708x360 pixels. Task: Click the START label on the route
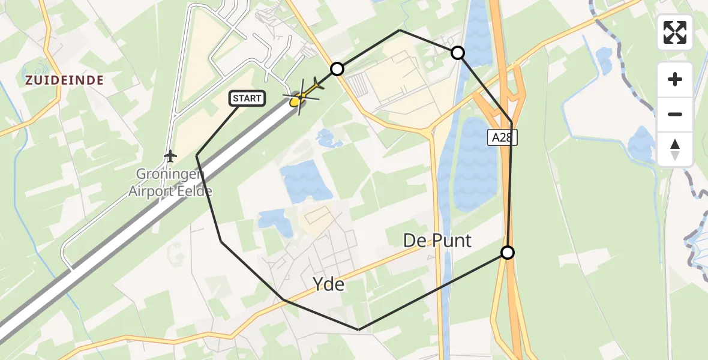[x=247, y=98]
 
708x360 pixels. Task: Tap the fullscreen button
[x=675, y=32]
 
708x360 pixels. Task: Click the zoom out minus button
[x=675, y=114]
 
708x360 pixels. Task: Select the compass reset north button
[x=675, y=149]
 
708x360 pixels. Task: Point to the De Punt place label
[x=437, y=241]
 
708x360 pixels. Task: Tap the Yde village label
[x=329, y=284]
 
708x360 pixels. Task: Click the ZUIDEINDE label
[x=64, y=80]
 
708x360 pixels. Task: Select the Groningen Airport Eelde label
[x=170, y=183]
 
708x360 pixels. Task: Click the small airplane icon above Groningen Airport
[x=171, y=157]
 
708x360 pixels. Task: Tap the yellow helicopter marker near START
[x=295, y=103]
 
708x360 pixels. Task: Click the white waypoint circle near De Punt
[x=508, y=253]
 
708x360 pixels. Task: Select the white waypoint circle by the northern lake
[x=458, y=53]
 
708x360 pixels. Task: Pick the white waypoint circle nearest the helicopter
[x=337, y=69]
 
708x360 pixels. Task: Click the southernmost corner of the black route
[x=359, y=329]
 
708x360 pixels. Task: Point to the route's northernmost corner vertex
[x=400, y=30]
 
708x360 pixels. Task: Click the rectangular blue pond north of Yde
[x=306, y=180]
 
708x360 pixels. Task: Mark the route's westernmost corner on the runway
[x=197, y=156]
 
